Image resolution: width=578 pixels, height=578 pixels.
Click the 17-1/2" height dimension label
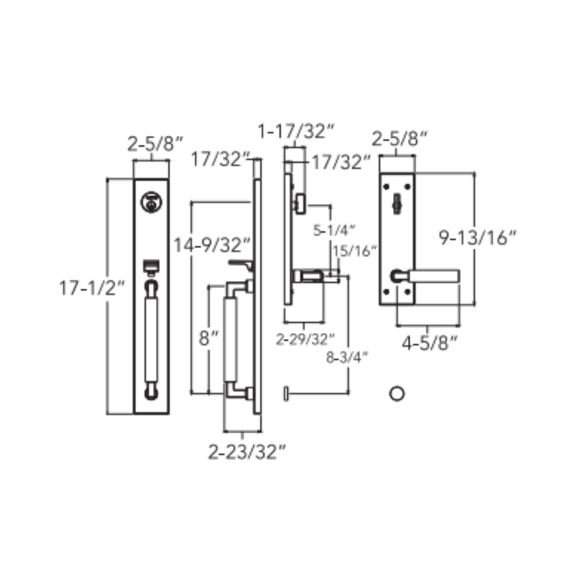tap(92, 288)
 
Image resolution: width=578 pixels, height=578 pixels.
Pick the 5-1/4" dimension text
tap(334, 230)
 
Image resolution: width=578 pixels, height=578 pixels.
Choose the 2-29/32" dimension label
tap(305, 339)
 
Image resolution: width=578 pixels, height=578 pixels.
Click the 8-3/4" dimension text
tap(347, 357)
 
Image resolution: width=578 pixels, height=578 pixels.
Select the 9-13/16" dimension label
tap(478, 238)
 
